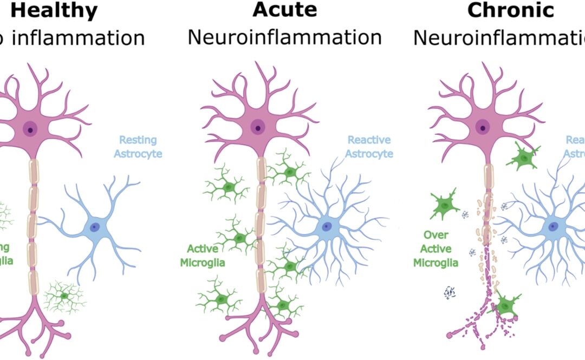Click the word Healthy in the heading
52,10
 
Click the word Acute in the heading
284,10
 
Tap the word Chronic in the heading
511,10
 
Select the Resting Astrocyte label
137,147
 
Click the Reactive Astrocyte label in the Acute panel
370,147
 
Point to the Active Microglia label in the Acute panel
206,256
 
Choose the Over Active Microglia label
435,249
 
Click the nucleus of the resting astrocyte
95,228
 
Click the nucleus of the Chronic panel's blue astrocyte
553,227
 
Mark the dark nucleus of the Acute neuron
258,128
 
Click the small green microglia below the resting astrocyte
64,296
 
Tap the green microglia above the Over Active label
445,204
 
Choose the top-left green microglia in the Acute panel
227,188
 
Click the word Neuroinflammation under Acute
284,37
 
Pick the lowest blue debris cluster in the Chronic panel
451,292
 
